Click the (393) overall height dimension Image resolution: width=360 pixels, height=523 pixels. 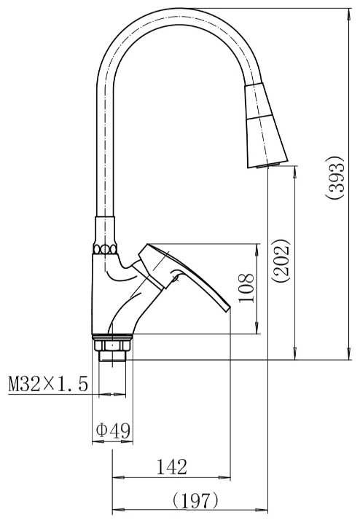pos(334,178)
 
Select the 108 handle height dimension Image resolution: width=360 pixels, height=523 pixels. pos(246,288)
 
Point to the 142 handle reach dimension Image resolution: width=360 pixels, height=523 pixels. pos(172,467)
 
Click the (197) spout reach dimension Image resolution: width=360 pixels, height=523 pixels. pos(195,500)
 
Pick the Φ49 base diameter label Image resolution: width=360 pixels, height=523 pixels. pos(113,430)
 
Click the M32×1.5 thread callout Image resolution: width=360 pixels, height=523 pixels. pos(48,384)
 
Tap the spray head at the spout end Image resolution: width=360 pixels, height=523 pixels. pos(266,125)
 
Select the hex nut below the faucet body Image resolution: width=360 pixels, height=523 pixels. pos(112,345)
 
